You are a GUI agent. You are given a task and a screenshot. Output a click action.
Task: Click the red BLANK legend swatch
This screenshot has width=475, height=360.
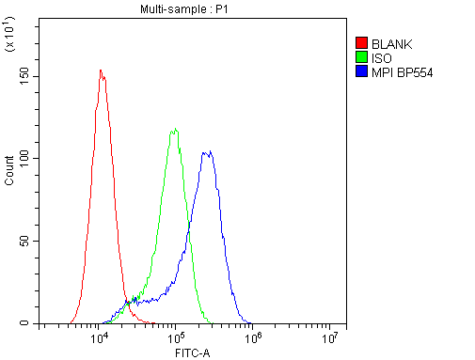[x=361, y=43]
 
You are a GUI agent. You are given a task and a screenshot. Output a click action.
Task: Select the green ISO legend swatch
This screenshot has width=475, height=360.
[x=361, y=57]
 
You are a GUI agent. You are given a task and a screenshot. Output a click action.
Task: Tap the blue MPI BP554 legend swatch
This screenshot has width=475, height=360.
[x=361, y=71]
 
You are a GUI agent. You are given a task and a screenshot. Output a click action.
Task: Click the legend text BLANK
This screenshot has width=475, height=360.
[x=392, y=43]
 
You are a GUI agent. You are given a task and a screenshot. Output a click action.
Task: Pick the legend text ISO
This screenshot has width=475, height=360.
[x=382, y=57]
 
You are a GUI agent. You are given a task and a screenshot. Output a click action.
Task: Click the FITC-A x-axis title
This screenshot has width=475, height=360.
[x=192, y=352]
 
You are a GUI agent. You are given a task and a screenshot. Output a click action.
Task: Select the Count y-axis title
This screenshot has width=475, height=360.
[x=10, y=169]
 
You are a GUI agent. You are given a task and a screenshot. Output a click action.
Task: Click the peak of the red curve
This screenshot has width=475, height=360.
[x=101, y=70]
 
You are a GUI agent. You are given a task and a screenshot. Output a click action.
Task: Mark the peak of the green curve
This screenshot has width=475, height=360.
[x=175, y=129]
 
